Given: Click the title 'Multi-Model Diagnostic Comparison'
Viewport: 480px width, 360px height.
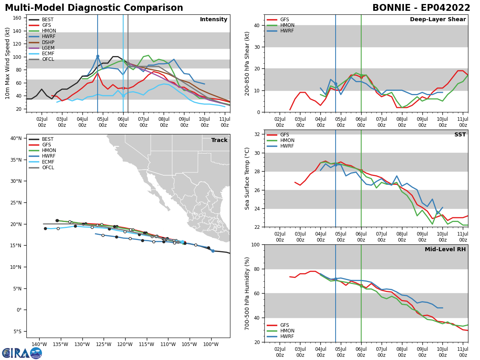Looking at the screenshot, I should click(94, 8).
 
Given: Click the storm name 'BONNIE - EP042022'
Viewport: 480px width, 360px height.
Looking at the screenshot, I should click(421, 8).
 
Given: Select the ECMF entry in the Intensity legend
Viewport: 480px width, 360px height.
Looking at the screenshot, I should click(48, 54).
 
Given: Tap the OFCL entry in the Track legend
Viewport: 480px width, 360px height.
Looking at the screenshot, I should click(48, 168).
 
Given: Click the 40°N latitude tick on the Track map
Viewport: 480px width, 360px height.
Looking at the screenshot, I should click(16, 138).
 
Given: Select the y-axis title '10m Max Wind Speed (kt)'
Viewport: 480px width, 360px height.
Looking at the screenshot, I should click(7, 63).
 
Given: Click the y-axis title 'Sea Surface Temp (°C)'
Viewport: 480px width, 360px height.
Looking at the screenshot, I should click(247, 178).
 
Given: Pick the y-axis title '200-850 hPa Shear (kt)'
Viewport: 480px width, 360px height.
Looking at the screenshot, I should click(247, 63).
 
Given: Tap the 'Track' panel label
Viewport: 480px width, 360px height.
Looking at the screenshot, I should click(219, 140).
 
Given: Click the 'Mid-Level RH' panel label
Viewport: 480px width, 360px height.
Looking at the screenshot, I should click(445, 250).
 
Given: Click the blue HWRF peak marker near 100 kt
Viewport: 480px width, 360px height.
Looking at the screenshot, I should click(98, 56).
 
